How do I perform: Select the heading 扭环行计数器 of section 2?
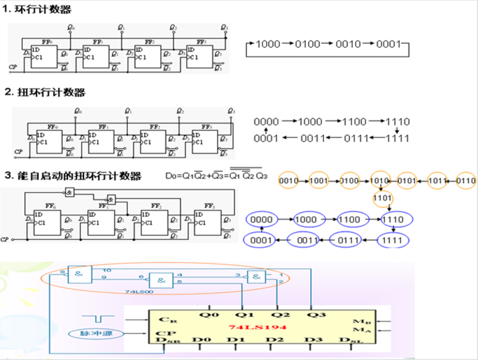(x=49, y=93)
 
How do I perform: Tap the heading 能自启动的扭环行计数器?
(x=77, y=176)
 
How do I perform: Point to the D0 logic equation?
(x=217, y=176)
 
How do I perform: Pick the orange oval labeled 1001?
(x=320, y=181)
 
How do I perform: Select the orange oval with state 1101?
(x=384, y=198)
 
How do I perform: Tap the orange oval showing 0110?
(x=466, y=181)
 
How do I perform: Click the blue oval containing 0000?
(x=261, y=219)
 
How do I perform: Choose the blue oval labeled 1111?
(x=393, y=241)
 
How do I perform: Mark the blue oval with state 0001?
(x=260, y=241)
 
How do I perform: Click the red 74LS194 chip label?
(x=257, y=327)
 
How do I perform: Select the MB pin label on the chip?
(x=358, y=322)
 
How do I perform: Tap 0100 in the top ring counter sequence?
(x=307, y=44)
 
